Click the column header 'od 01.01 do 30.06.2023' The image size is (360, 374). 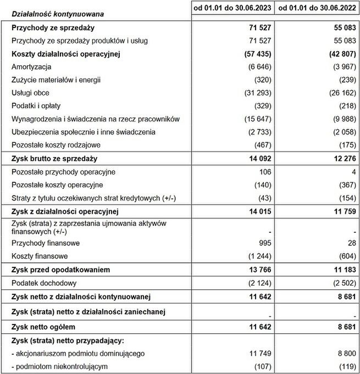(x=232, y=9)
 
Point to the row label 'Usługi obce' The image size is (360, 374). (x=30, y=93)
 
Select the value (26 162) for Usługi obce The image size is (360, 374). (x=340, y=93)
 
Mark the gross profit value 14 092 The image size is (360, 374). (x=259, y=159)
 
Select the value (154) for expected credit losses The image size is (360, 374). (x=345, y=198)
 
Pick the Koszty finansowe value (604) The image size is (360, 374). (x=345, y=256)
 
